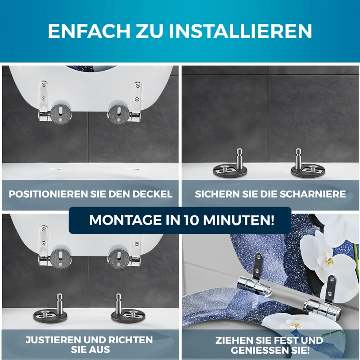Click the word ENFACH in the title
[89, 31]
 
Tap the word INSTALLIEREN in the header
[241, 31]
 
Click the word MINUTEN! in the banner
[238, 220]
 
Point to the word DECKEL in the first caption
[152, 194]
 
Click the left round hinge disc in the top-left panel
[61, 114]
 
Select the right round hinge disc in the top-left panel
[119, 114]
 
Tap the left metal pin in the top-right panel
[239, 159]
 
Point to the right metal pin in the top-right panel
[298, 159]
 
